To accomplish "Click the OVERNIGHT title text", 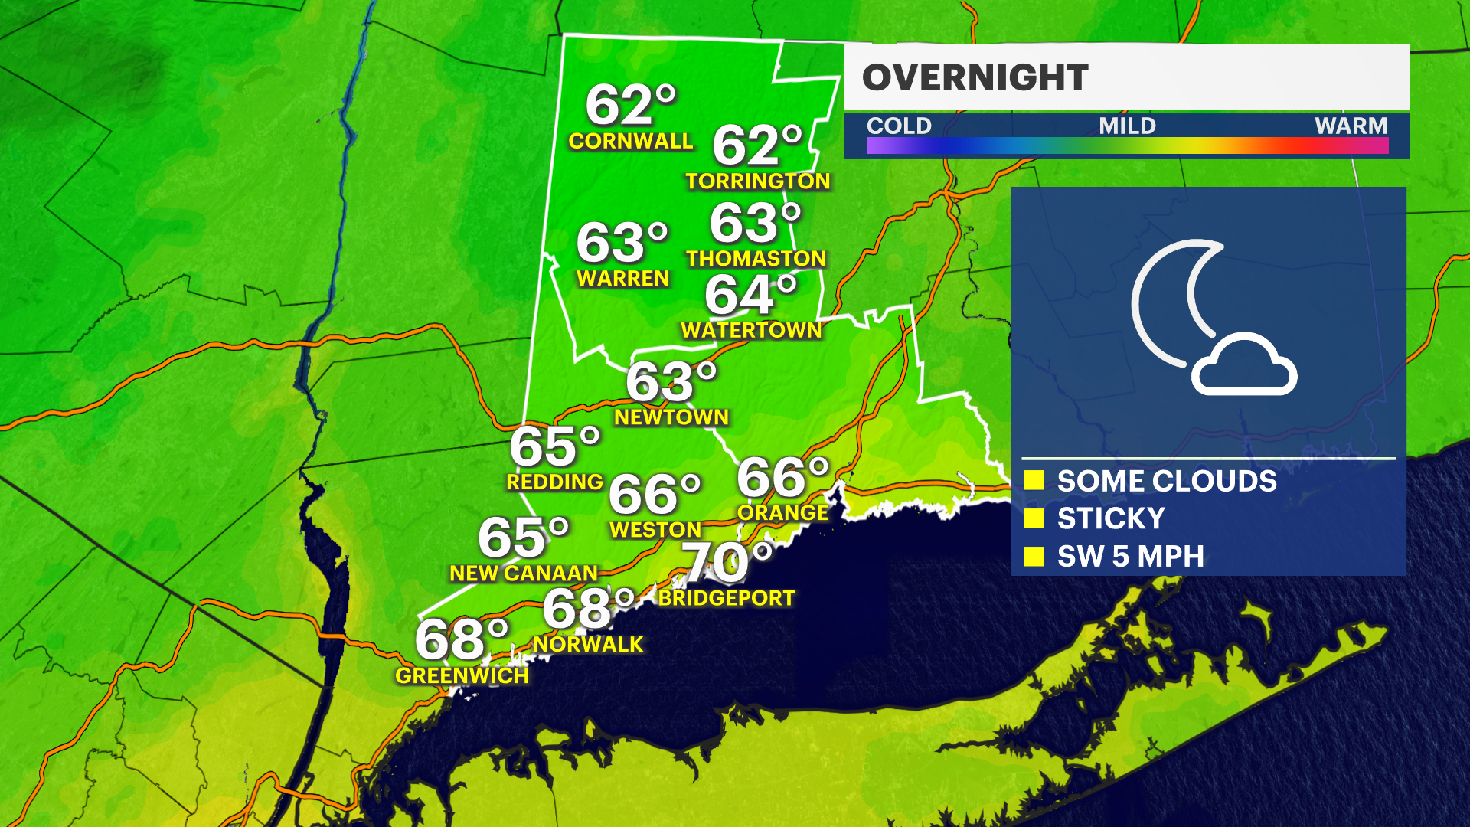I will point(975,77).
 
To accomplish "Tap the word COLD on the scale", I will point(899,126).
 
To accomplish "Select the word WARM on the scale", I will point(1351,126).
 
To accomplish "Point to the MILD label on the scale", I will point(1127,126).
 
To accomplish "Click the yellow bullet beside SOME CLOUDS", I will point(1034,480).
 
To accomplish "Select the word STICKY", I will point(1111,518).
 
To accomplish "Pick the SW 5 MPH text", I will point(1130,557).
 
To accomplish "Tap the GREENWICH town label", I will point(462,675).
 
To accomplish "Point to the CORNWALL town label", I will point(630,141).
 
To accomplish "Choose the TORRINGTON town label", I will point(757,181).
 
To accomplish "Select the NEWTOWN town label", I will point(671,417).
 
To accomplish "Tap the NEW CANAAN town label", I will point(524,574).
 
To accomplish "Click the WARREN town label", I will point(623,278).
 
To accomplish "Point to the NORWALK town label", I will point(588,645).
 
